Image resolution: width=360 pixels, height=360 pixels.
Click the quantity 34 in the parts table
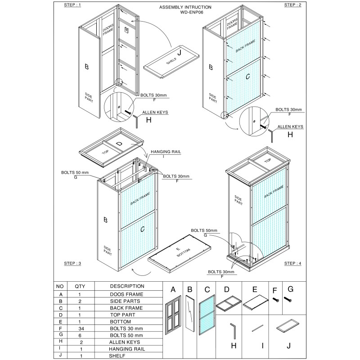[x=80, y=329]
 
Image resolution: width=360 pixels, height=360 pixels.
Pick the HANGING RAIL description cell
[x=126, y=349]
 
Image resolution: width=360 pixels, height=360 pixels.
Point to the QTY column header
[x=80, y=286]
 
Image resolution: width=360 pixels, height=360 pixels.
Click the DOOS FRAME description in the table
[x=126, y=294]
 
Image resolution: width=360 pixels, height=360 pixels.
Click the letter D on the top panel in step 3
[x=119, y=144]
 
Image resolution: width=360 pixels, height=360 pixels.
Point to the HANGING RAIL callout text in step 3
[x=166, y=153]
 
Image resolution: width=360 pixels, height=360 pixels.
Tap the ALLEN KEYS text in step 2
[x=290, y=127]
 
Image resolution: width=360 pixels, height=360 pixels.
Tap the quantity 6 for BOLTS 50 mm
[x=80, y=335]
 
